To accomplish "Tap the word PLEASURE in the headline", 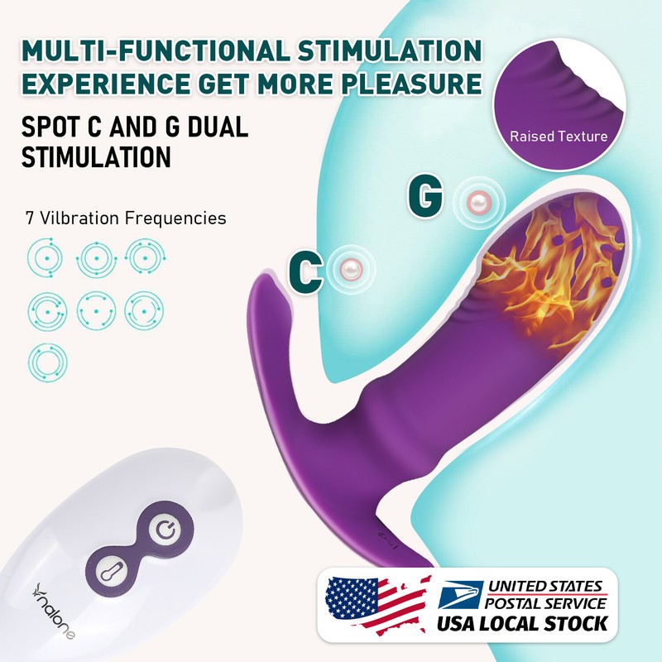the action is [413, 84].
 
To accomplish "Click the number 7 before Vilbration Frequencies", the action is [30, 218].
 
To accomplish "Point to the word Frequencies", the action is [175, 218].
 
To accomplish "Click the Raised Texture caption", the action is [559, 137].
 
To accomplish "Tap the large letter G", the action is [425, 195].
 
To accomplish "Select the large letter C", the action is [305, 272].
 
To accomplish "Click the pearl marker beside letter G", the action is [478, 203].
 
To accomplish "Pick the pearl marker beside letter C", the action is [351, 268].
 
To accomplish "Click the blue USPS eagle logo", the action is [460, 594].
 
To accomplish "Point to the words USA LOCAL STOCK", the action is [522, 624].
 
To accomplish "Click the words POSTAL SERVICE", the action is [545, 603].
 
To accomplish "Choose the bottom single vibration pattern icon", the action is [48, 362].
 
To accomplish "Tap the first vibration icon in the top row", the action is [46, 257].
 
